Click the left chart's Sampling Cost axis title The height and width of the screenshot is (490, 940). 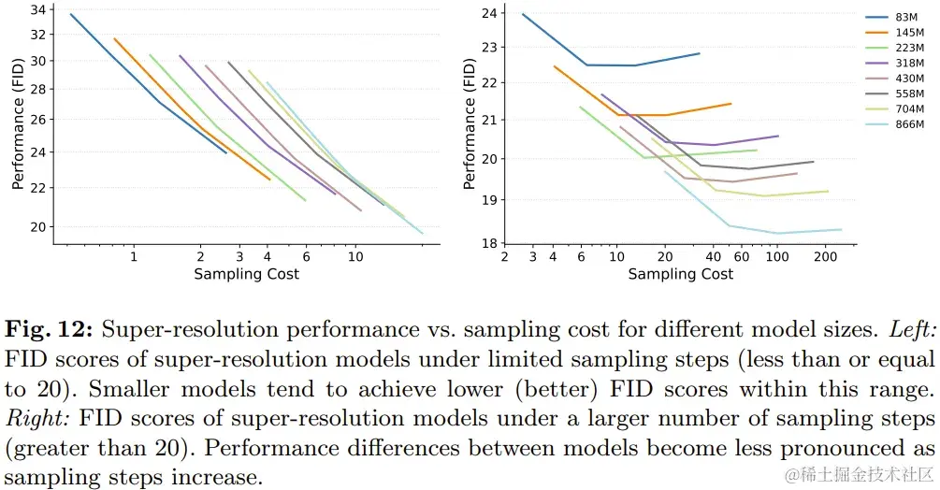(x=246, y=274)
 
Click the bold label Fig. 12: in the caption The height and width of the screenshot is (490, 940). (x=48, y=330)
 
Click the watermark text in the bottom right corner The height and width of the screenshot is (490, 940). (x=860, y=475)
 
